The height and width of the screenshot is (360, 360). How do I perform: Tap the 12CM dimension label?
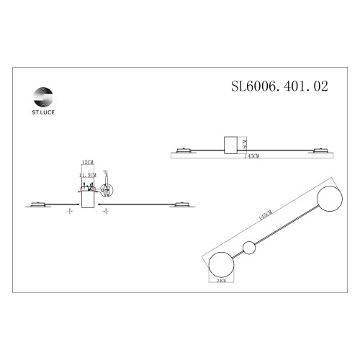click(89, 163)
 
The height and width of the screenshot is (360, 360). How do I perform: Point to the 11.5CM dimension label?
click(89, 175)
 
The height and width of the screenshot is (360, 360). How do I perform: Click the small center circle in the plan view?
click(249, 248)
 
